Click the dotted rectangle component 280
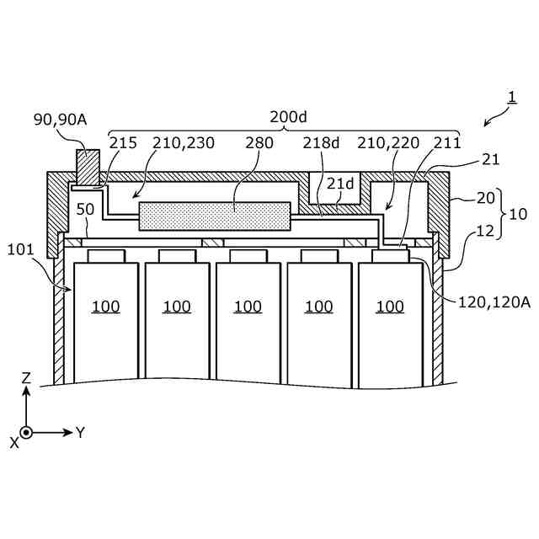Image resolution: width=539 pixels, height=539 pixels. pyautogui.click(x=214, y=216)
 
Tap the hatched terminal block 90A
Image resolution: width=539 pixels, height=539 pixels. pyautogui.click(x=87, y=166)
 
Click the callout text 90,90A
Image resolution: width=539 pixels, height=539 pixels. pyautogui.click(x=60, y=120)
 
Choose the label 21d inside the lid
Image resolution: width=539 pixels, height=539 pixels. pyautogui.click(x=339, y=184)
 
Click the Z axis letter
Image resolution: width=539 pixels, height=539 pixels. pyautogui.click(x=25, y=379)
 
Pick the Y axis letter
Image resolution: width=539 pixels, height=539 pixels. pyautogui.click(x=81, y=432)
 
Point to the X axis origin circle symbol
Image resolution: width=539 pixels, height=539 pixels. pyautogui.click(x=26, y=432)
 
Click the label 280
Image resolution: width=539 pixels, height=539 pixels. pyautogui.click(x=259, y=142)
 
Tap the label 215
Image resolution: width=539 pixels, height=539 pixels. pyautogui.click(x=123, y=142)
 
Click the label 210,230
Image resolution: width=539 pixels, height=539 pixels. pyautogui.click(x=184, y=142)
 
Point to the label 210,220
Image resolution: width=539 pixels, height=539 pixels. pyautogui.click(x=387, y=142)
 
